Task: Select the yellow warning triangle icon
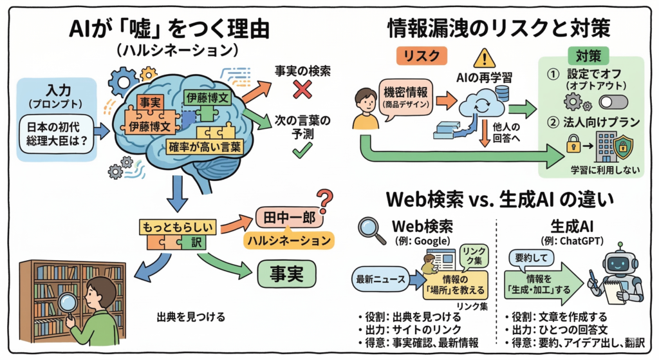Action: [x=483, y=57]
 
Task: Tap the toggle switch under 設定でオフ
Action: [x=613, y=102]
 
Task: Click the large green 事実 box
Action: [x=288, y=274]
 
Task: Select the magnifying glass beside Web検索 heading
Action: [x=371, y=227]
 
